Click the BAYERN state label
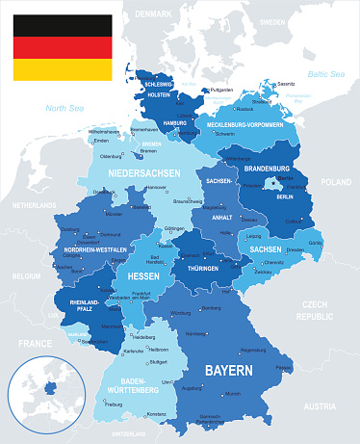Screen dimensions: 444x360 (x=227, y=370)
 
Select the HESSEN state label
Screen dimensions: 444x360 (x=143, y=274)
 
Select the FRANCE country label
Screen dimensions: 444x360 (x=33, y=342)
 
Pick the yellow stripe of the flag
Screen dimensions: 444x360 (x=60, y=69)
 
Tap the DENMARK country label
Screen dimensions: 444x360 (x=151, y=14)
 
